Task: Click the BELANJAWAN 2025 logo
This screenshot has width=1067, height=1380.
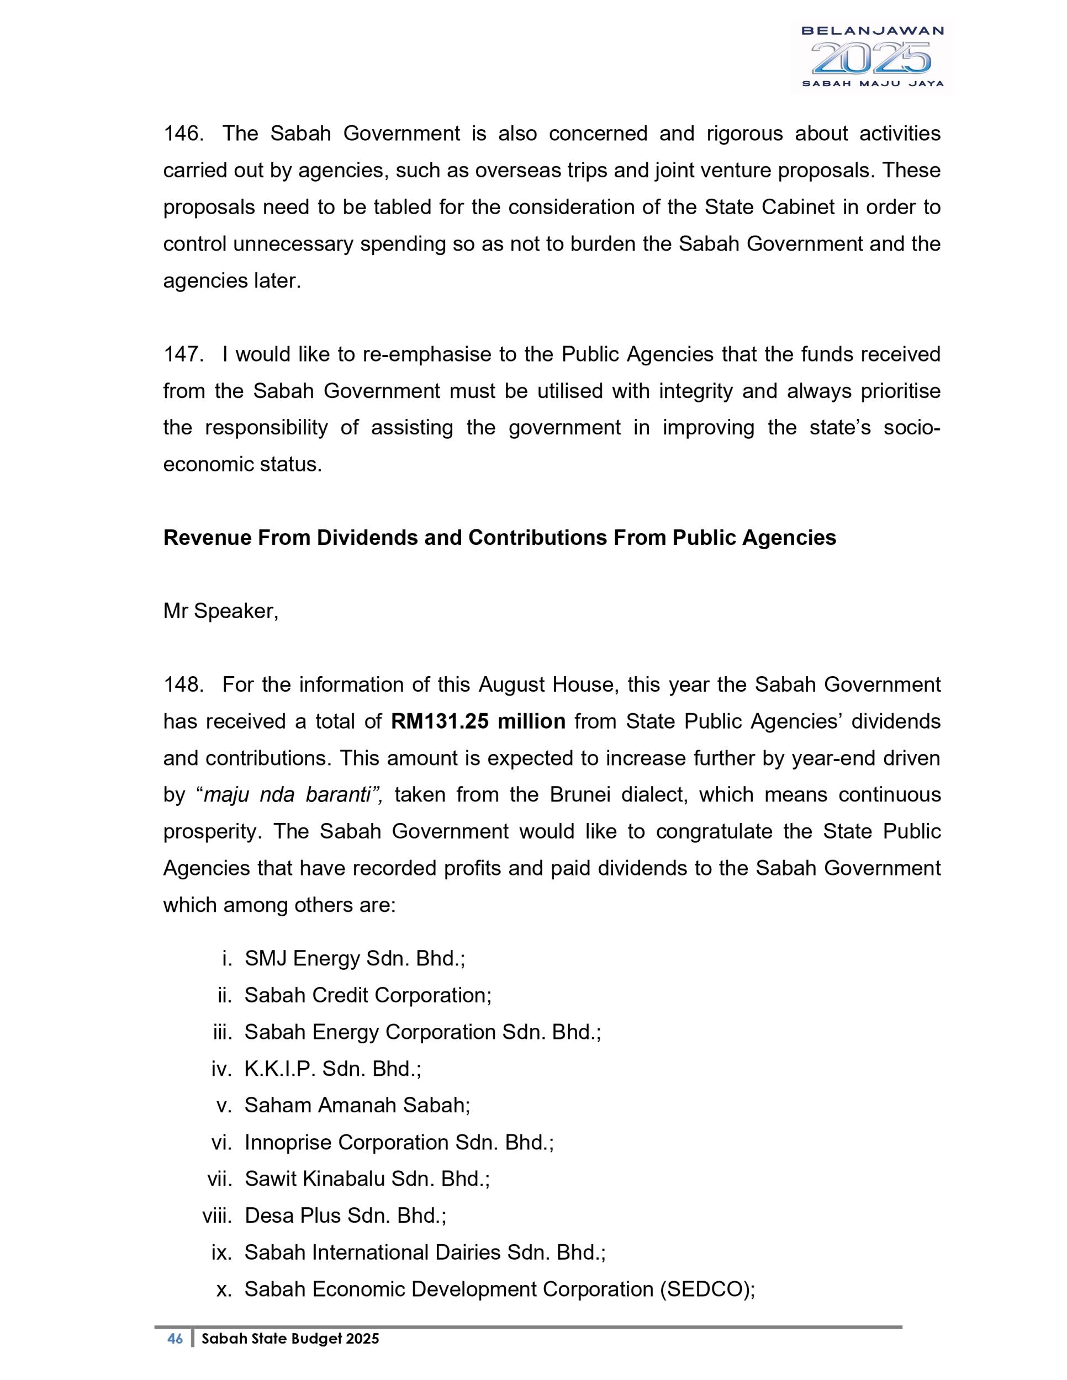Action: click(871, 57)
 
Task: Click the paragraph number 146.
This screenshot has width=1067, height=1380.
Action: click(183, 134)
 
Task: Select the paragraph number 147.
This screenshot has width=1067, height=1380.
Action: click(183, 354)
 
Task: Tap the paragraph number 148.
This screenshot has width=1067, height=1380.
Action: click(183, 685)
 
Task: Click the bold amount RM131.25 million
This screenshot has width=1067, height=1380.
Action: click(478, 721)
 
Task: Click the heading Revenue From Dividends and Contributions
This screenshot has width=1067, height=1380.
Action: click(499, 538)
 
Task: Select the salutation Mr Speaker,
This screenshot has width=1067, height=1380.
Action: click(220, 612)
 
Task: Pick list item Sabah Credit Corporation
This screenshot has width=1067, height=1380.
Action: click(368, 995)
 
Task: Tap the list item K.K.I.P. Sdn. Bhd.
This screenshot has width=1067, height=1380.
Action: click(332, 1069)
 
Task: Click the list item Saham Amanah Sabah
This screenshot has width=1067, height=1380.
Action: click(357, 1105)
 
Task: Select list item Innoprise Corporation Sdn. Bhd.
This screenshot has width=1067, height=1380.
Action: click(399, 1143)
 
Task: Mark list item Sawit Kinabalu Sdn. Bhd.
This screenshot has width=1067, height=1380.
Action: click(367, 1179)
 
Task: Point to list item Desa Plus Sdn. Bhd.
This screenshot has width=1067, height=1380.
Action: click(345, 1216)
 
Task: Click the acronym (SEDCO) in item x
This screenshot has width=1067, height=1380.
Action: click(707, 1289)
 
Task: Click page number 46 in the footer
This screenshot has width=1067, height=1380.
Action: click(175, 1339)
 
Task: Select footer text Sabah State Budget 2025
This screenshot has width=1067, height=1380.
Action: click(290, 1339)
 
